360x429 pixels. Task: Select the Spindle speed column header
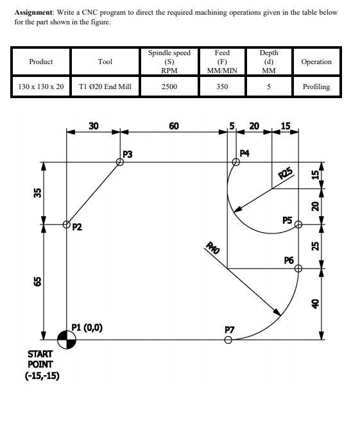pos(169,62)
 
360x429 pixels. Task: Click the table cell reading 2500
pos(169,87)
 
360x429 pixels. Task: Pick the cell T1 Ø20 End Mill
pos(105,87)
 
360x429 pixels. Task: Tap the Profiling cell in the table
pos(316,87)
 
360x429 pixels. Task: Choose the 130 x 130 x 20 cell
pos(41,87)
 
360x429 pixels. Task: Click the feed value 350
pos(222,87)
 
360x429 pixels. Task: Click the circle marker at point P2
pos(67,224)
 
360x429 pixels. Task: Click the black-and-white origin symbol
pos(67,340)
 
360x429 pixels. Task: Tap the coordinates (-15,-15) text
pos(44,376)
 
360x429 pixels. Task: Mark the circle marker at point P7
pos(228,340)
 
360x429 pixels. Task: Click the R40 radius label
pos(212,247)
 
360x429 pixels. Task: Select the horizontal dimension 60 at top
pos(174,126)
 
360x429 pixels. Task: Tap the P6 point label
pos(289,260)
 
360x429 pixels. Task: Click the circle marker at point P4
pos(236,162)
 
